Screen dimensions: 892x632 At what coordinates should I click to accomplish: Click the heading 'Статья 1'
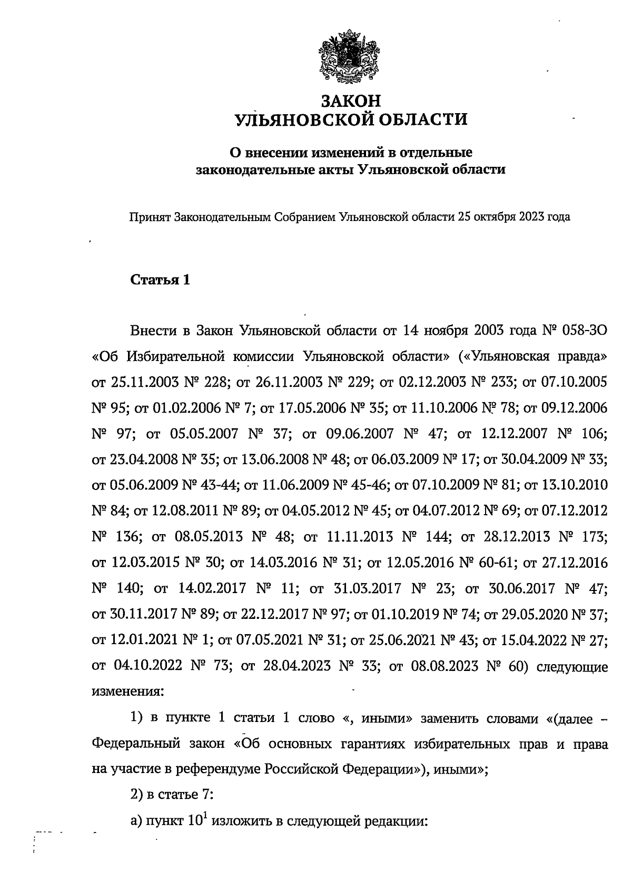click(x=160, y=280)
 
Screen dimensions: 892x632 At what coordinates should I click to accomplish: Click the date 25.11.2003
click(x=139, y=383)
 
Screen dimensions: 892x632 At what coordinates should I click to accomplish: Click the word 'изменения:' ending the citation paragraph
click(x=128, y=691)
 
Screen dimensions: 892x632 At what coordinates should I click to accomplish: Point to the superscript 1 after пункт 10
click(x=209, y=815)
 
